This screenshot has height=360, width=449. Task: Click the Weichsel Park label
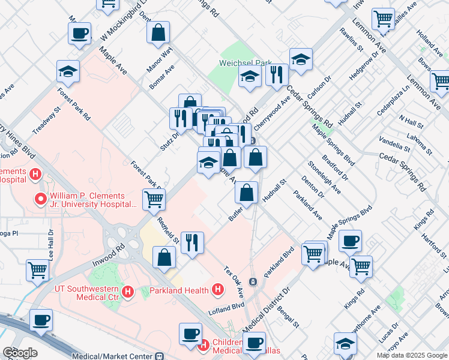pos(246,62)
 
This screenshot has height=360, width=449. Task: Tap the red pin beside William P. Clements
pos(41,199)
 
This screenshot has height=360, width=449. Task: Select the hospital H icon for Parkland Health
pos(218,290)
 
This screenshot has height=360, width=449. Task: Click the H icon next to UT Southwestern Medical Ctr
pos(127,292)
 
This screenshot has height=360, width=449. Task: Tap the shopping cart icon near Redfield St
pos(154,199)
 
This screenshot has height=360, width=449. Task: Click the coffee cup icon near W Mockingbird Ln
pos(79,34)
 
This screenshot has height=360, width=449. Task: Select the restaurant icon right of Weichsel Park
pos(277,74)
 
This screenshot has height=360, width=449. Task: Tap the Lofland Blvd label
pos(227,306)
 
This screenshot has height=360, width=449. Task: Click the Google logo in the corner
pos(20,353)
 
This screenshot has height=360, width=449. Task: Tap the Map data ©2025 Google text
pos(412,355)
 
